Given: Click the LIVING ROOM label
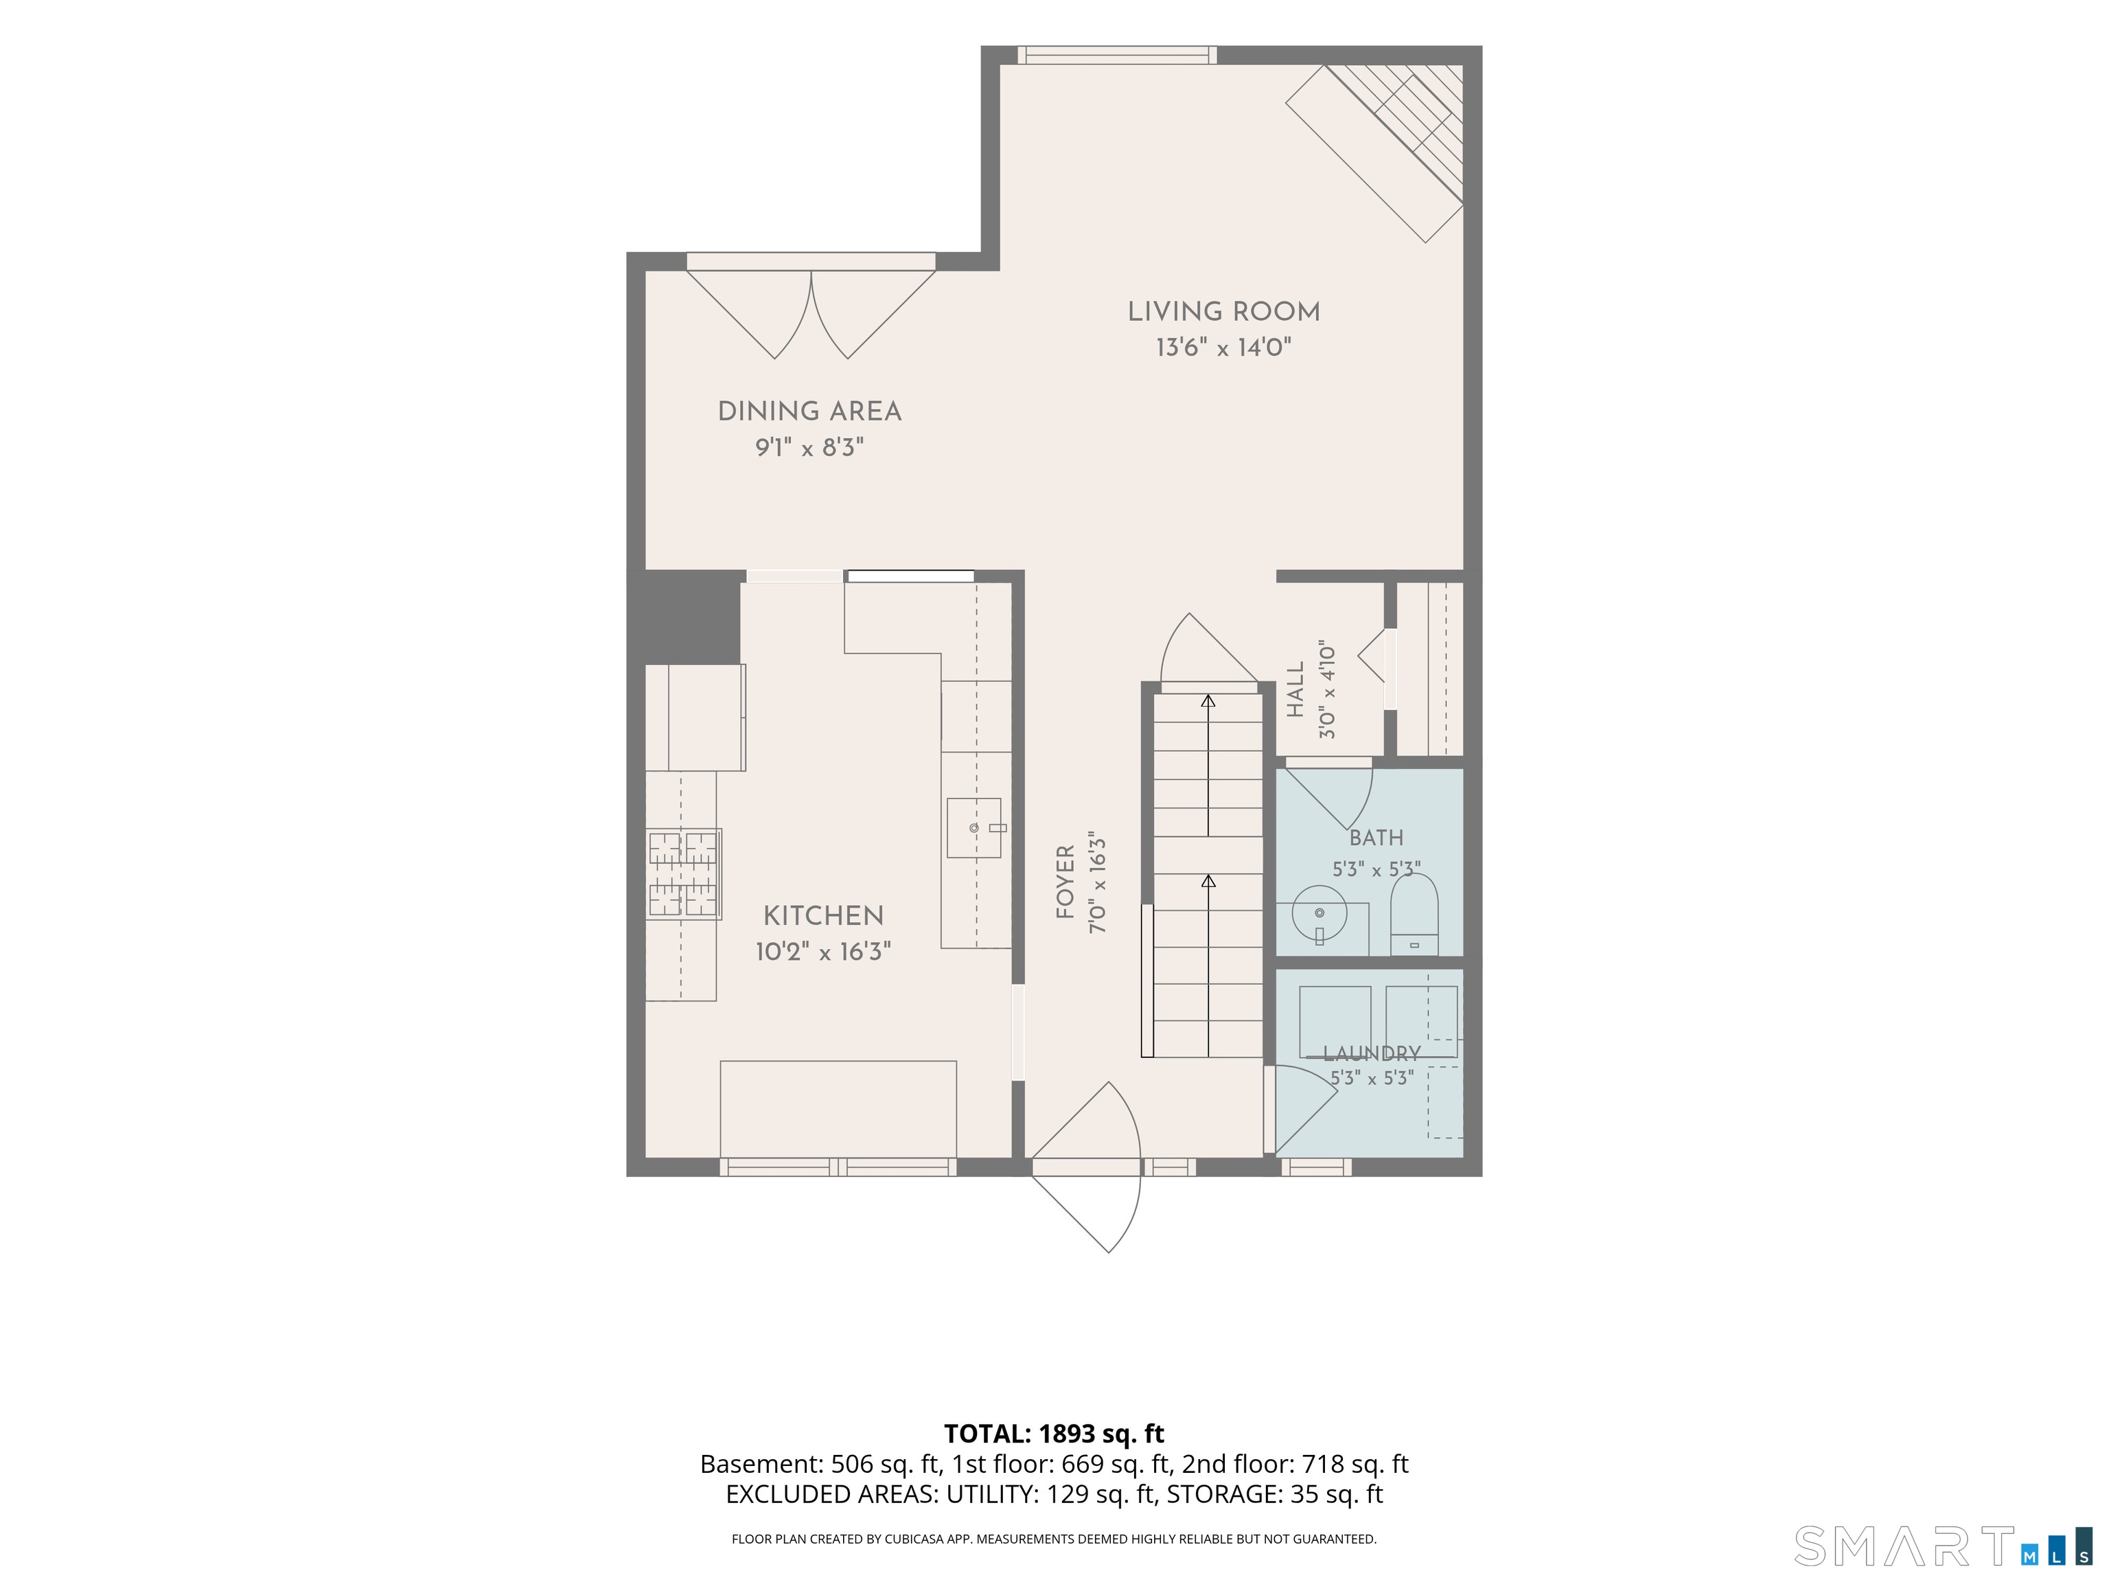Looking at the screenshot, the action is tap(1223, 312).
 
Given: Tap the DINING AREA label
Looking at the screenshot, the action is tap(809, 412).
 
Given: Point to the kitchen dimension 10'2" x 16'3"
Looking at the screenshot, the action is tap(824, 952).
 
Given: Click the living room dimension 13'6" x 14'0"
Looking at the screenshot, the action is tap(1223, 347).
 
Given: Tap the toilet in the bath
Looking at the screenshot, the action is tap(1414, 915).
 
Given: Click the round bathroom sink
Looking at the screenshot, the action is tap(1319, 913).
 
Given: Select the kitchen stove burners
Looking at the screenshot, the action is tap(684, 873).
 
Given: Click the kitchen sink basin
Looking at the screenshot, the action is tap(973, 827).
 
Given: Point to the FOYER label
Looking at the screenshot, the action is tap(1065, 882).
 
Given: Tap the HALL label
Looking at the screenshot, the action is tap(1295, 689).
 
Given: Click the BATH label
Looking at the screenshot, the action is tap(1376, 838).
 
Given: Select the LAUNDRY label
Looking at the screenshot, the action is tap(1372, 1054).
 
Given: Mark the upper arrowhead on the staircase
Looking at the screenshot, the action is tap(1209, 702).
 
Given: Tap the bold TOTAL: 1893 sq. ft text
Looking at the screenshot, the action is tap(1054, 1433).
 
